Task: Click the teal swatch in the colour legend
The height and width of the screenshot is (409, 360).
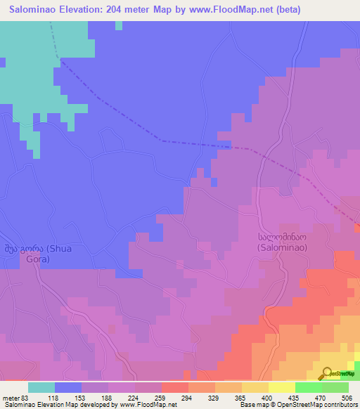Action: [x=41, y=387]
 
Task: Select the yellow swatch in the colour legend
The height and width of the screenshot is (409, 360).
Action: [x=281, y=387]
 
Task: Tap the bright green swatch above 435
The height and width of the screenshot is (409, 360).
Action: [x=308, y=387]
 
